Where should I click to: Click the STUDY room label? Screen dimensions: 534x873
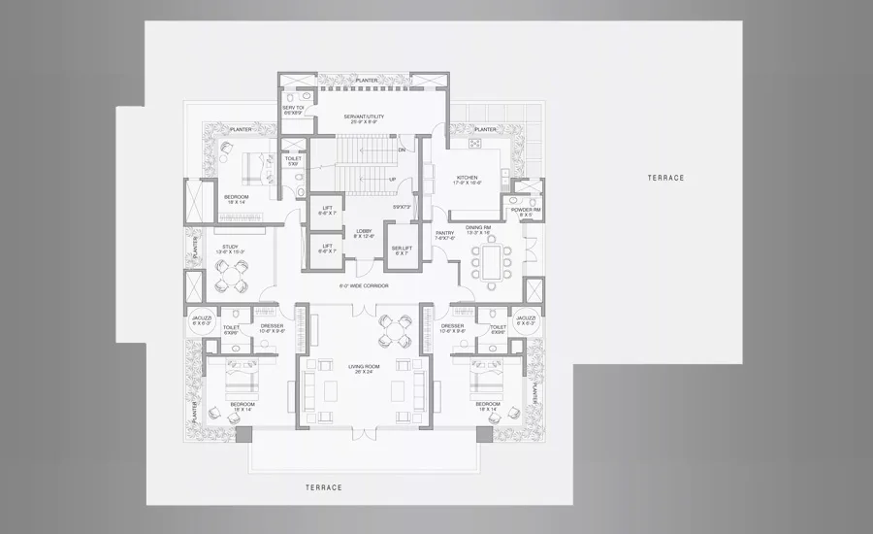(x=230, y=248)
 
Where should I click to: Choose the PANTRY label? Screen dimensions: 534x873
(x=444, y=234)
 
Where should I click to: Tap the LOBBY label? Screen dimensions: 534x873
(x=364, y=232)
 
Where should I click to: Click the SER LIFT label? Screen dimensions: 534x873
(x=399, y=248)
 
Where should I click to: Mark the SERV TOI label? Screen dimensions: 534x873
(x=294, y=108)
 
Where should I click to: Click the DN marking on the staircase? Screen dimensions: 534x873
(x=401, y=150)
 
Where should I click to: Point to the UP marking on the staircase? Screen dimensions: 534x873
(x=392, y=180)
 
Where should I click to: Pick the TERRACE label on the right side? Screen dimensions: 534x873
(x=666, y=178)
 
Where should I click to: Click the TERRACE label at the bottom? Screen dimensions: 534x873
(x=323, y=486)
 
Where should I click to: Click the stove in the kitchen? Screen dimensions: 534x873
(x=476, y=144)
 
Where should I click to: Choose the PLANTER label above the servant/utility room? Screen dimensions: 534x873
(x=366, y=81)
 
